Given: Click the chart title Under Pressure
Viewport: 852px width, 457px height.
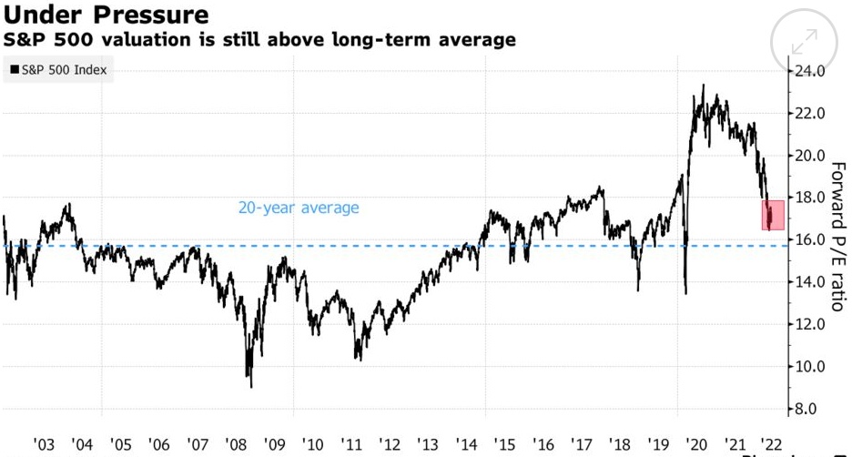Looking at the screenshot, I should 106,15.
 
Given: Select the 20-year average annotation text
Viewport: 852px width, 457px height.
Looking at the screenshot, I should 299,208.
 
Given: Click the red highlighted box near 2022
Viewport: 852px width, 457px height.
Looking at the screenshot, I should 772,215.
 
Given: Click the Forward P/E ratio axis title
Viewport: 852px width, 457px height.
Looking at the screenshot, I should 838,237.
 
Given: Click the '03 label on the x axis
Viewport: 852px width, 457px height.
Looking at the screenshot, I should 44,443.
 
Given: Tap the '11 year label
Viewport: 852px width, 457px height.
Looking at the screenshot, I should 351,443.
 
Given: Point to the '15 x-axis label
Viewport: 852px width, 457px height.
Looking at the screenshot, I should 504,443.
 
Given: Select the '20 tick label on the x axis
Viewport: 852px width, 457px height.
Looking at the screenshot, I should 697,443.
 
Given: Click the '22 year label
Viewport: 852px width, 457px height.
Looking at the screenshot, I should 774,443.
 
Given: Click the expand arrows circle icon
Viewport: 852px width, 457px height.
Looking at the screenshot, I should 804,42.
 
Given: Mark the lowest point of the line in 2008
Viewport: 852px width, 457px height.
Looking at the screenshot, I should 250,387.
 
